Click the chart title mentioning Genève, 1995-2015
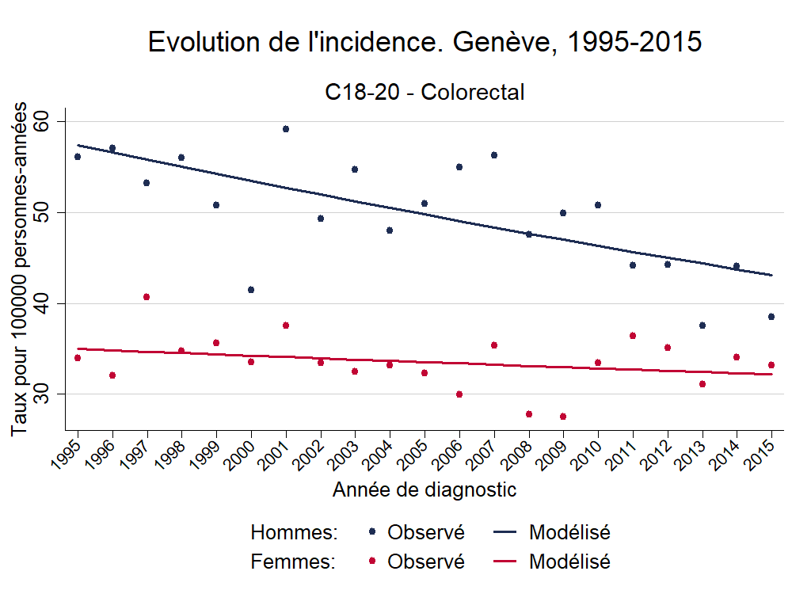pyautogui.click(x=425, y=43)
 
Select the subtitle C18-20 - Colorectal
pyautogui.click(x=425, y=93)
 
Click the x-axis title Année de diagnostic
pyautogui.click(x=425, y=490)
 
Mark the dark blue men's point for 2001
pyautogui.click(x=286, y=129)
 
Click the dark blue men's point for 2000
pyautogui.click(x=251, y=290)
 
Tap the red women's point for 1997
pyautogui.click(x=147, y=297)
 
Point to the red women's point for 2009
pyautogui.click(x=563, y=417)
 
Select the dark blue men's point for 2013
pyautogui.click(x=703, y=326)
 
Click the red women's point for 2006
pyautogui.click(x=459, y=394)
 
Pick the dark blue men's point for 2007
pyautogui.click(x=494, y=155)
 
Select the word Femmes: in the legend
pyautogui.click(x=294, y=562)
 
